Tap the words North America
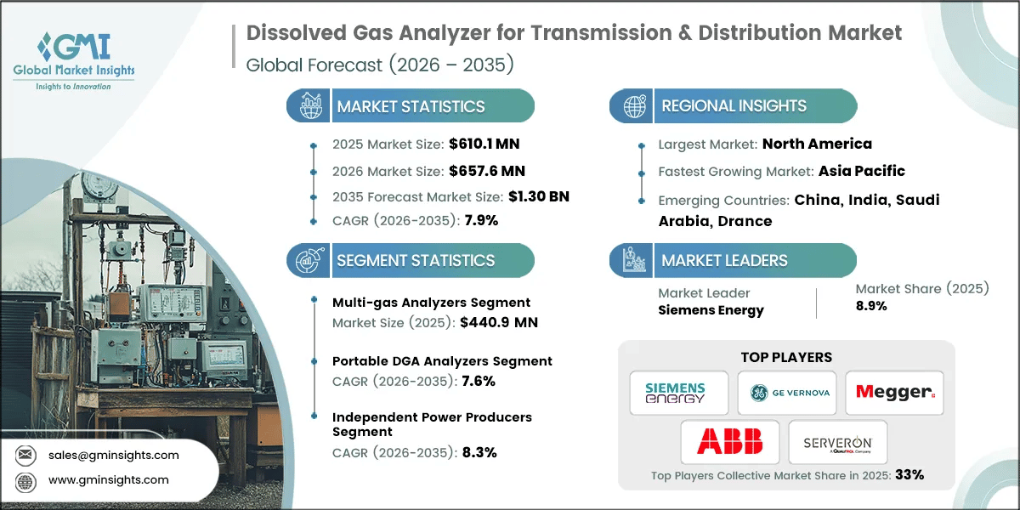(x=817, y=144)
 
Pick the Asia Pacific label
(x=861, y=171)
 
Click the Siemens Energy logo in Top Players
(x=678, y=393)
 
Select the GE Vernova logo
(x=786, y=393)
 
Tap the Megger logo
(x=894, y=393)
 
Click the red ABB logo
(x=729, y=441)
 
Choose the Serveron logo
(x=837, y=442)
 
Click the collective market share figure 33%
(x=907, y=475)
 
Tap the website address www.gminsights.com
(x=107, y=479)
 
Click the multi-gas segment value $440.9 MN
(x=497, y=322)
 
